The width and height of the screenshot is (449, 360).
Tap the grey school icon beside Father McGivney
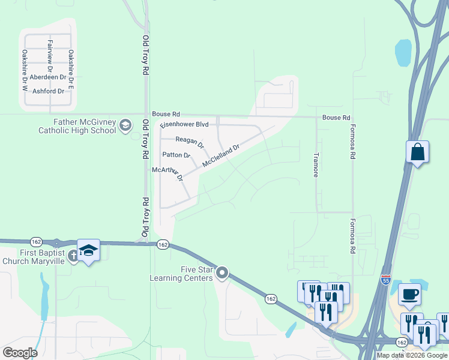click(x=125, y=125)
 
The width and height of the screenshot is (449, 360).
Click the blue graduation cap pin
click(x=88, y=250)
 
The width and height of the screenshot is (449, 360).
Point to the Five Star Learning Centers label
click(x=181, y=274)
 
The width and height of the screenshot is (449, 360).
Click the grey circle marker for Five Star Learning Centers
click(x=222, y=274)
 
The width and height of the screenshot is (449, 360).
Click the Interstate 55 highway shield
click(x=386, y=280)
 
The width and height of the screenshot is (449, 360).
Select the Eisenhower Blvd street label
click(x=184, y=125)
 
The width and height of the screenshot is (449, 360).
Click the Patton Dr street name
click(x=176, y=155)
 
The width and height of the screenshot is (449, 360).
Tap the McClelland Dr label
click(x=221, y=155)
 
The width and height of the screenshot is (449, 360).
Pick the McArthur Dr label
click(x=167, y=173)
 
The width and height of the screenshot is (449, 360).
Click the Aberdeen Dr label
click(x=47, y=78)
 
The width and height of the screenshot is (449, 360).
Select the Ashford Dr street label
click(x=48, y=91)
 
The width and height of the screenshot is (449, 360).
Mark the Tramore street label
click(x=316, y=164)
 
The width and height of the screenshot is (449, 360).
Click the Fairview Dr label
click(x=50, y=53)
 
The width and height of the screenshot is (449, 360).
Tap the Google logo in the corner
click(x=20, y=353)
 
